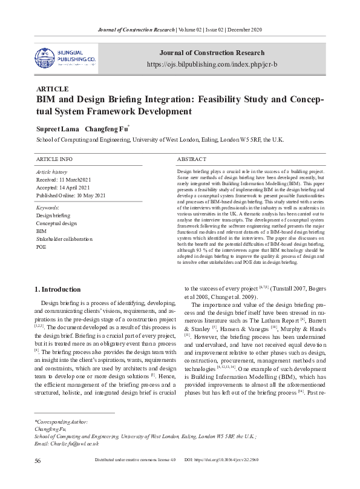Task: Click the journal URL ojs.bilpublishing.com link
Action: (x=212, y=64)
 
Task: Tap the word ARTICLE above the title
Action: (x=53, y=88)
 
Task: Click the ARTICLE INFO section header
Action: (x=54, y=159)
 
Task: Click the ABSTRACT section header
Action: (x=192, y=159)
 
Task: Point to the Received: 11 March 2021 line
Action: (x=63, y=180)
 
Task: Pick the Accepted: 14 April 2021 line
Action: (x=62, y=188)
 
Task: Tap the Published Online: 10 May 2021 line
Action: (x=71, y=195)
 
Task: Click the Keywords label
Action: (x=48, y=208)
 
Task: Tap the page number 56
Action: (x=38, y=478)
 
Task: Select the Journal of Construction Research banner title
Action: (x=211, y=53)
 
